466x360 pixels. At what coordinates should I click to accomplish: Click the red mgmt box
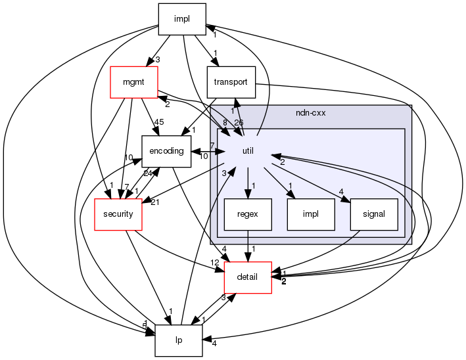coord(133,83)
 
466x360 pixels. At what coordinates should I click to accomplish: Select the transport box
coord(231,83)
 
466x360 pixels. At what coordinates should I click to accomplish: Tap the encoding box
coord(166,151)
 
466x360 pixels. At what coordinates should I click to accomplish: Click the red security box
coord(118,214)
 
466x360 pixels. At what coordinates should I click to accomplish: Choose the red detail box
coord(248,277)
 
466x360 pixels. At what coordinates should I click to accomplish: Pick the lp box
coord(179,340)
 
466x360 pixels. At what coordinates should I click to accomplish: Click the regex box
coord(248,214)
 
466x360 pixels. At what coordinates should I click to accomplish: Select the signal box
coord(374,214)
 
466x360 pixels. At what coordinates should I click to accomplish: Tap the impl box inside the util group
coord(311,214)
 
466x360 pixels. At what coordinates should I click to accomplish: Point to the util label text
coord(248,151)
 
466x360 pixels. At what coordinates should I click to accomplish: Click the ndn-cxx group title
coord(311,112)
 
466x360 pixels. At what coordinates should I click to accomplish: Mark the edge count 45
coord(158,122)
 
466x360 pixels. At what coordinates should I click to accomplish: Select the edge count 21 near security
coord(156,201)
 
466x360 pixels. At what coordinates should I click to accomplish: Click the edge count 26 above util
coord(238,122)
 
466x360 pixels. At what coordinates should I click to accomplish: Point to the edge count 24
coord(149,173)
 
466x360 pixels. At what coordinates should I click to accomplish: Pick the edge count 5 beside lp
coord(145,326)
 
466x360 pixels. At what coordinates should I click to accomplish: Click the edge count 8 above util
coord(225,122)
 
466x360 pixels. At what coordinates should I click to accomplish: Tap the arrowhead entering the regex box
coord(248,193)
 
